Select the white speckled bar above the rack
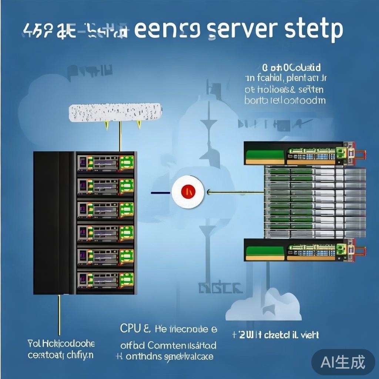click(x=115, y=112)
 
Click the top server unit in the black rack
click(x=105, y=163)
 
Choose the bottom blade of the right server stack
click(x=300, y=250)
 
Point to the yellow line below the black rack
click(x=59, y=315)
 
